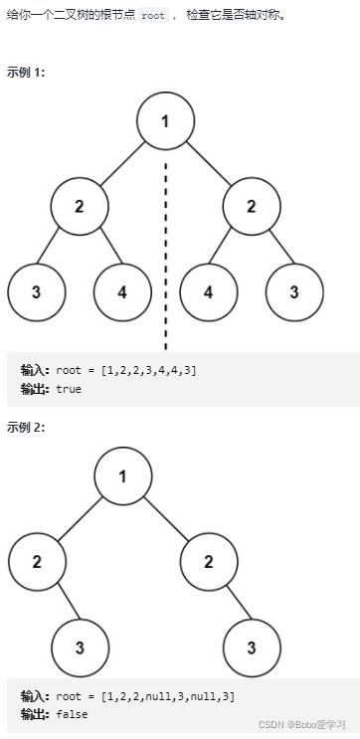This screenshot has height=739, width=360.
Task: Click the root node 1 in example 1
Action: point(166,121)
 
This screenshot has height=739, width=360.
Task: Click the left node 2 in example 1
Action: point(81,207)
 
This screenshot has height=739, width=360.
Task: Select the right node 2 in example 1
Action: point(252,207)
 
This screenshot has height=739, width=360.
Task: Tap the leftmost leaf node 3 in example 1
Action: point(37,293)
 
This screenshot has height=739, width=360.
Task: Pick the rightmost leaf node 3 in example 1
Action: point(295,293)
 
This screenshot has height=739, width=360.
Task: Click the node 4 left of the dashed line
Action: point(123,293)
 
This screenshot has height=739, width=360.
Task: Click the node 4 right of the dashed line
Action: point(209,293)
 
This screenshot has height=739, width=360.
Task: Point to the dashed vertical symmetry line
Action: point(166,249)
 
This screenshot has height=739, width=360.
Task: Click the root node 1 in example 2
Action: point(123,475)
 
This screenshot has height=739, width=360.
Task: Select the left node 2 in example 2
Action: point(38,561)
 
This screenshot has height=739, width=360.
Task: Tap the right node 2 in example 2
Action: point(209,561)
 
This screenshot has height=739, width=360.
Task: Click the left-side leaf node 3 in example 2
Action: point(81,647)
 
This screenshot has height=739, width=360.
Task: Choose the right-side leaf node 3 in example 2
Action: point(252,647)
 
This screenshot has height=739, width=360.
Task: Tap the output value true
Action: point(69,389)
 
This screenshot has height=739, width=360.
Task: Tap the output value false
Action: point(71,714)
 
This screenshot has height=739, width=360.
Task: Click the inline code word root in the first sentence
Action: point(152,16)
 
